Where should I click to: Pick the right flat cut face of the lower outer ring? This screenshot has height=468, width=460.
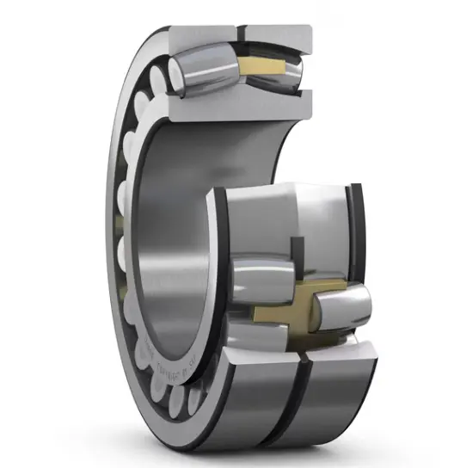pyautogui.click(x=344, y=353)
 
